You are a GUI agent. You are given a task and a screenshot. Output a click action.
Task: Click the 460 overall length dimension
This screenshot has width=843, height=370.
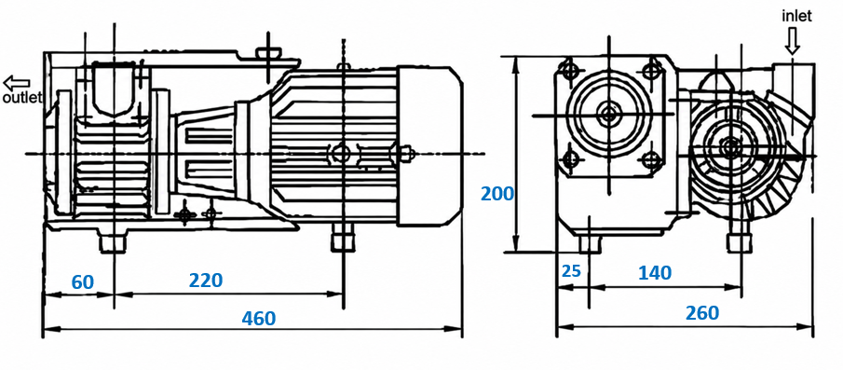click(x=259, y=318)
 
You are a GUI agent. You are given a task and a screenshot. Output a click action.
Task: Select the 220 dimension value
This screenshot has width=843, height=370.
click(x=206, y=280)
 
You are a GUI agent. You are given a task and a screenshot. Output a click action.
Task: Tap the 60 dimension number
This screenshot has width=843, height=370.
click(x=83, y=281)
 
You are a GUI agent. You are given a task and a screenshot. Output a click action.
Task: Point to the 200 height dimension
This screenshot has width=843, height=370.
click(x=497, y=193)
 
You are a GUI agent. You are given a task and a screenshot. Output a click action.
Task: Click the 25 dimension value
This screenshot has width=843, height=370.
click(x=572, y=270)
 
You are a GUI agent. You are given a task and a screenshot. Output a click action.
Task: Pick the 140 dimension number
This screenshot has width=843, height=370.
click(x=655, y=273)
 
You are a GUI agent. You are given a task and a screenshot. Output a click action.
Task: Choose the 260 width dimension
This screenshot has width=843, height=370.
click(x=702, y=312)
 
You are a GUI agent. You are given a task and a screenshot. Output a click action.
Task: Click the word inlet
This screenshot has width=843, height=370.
click(x=796, y=16)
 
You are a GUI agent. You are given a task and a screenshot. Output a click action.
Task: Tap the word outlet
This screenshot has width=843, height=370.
click(x=22, y=99)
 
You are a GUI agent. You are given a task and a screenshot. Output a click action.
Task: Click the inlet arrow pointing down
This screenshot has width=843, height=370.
click(x=792, y=40)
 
